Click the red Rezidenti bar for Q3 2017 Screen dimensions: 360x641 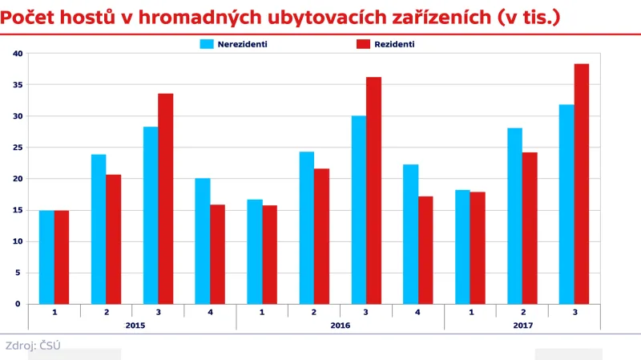point(582,184)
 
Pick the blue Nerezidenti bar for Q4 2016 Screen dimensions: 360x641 point(410,234)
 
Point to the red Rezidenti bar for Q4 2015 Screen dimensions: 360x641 point(217,254)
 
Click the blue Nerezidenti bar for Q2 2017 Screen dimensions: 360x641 point(514,216)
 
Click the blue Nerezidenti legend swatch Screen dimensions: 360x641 point(207,44)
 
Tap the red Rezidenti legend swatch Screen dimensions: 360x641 point(363,44)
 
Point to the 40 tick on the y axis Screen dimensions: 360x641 point(18,54)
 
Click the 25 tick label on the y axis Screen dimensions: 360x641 point(18,148)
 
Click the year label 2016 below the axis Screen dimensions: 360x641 point(341,325)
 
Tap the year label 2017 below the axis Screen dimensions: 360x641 point(522,325)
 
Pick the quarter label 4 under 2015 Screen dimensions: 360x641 point(210,311)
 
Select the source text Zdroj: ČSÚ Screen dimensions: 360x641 point(33,346)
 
